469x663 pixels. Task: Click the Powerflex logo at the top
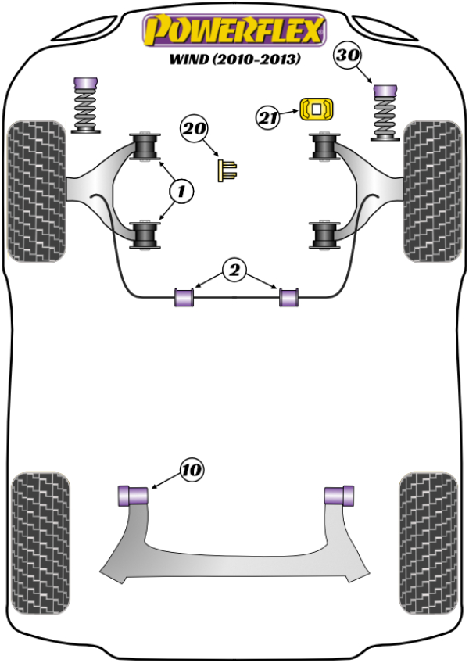click(x=232, y=30)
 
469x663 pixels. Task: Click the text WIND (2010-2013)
click(x=234, y=59)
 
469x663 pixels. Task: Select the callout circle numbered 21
click(x=268, y=118)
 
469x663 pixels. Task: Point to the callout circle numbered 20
click(x=196, y=127)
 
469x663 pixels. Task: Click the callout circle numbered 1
click(x=181, y=190)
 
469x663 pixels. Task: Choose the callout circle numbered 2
click(x=234, y=271)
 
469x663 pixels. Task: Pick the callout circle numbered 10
click(x=191, y=470)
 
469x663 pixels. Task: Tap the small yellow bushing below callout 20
click(x=227, y=170)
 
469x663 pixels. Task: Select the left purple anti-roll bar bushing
click(x=184, y=298)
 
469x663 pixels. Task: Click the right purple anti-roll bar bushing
click(x=289, y=298)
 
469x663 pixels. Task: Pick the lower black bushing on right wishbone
click(x=323, y=236)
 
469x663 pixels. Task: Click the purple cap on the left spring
click(x=84, y=84)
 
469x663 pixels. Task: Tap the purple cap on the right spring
click(x=385, y=90)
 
